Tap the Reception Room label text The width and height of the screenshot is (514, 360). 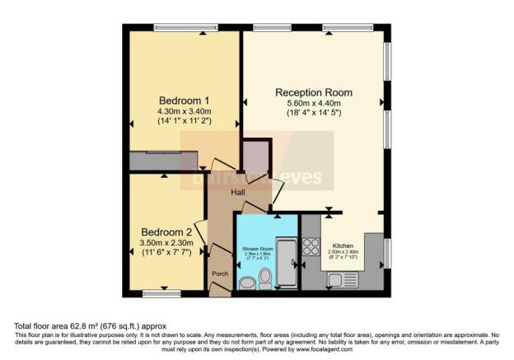click(x=313, y=91)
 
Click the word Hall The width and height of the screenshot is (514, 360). click(x=237, y=193)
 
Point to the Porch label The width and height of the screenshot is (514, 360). click(x=220, y=274)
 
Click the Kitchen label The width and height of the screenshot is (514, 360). click(x=343, y=245)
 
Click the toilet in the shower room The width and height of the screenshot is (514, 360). click(x=265, y=278)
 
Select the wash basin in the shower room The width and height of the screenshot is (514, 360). click(x=247, y=283)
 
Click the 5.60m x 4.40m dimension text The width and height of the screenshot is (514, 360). click(x=313, y=104)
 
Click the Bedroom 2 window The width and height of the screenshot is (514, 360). click(x=161, y=293)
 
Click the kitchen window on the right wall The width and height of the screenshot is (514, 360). click(x=388, y=251)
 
